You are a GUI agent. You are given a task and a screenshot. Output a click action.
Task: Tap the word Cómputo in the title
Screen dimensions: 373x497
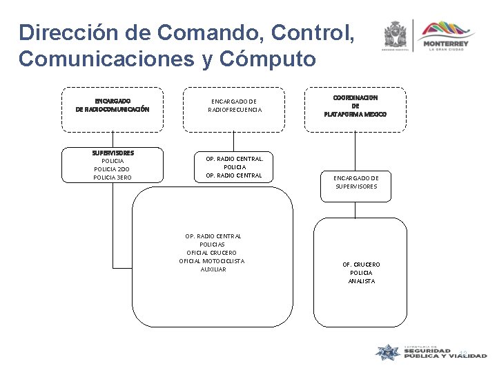[273, 59]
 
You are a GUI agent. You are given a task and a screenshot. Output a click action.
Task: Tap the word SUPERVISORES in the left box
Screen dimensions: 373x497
[113, 153]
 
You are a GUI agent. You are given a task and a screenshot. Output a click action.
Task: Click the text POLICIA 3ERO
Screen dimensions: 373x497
[113, 178]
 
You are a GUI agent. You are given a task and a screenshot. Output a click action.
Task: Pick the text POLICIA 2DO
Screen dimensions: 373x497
[113, 169]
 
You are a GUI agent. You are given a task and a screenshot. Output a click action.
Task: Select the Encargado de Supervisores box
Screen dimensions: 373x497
[357, 182]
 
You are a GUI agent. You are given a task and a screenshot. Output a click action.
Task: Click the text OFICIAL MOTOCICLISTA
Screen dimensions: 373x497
[212, 260]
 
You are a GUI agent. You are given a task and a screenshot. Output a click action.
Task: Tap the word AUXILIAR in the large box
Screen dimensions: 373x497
[213, 269]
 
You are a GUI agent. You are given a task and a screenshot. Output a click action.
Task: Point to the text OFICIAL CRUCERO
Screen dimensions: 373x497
[213, 252]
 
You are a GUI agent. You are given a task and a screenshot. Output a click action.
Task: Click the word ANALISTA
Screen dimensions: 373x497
[361, 281]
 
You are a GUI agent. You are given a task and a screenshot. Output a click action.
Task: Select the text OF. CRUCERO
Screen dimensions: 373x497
[361, 265]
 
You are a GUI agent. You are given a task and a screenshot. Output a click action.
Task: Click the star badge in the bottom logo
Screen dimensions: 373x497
[389, 352]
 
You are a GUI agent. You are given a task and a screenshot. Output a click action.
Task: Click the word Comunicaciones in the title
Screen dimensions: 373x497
[97, 59]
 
